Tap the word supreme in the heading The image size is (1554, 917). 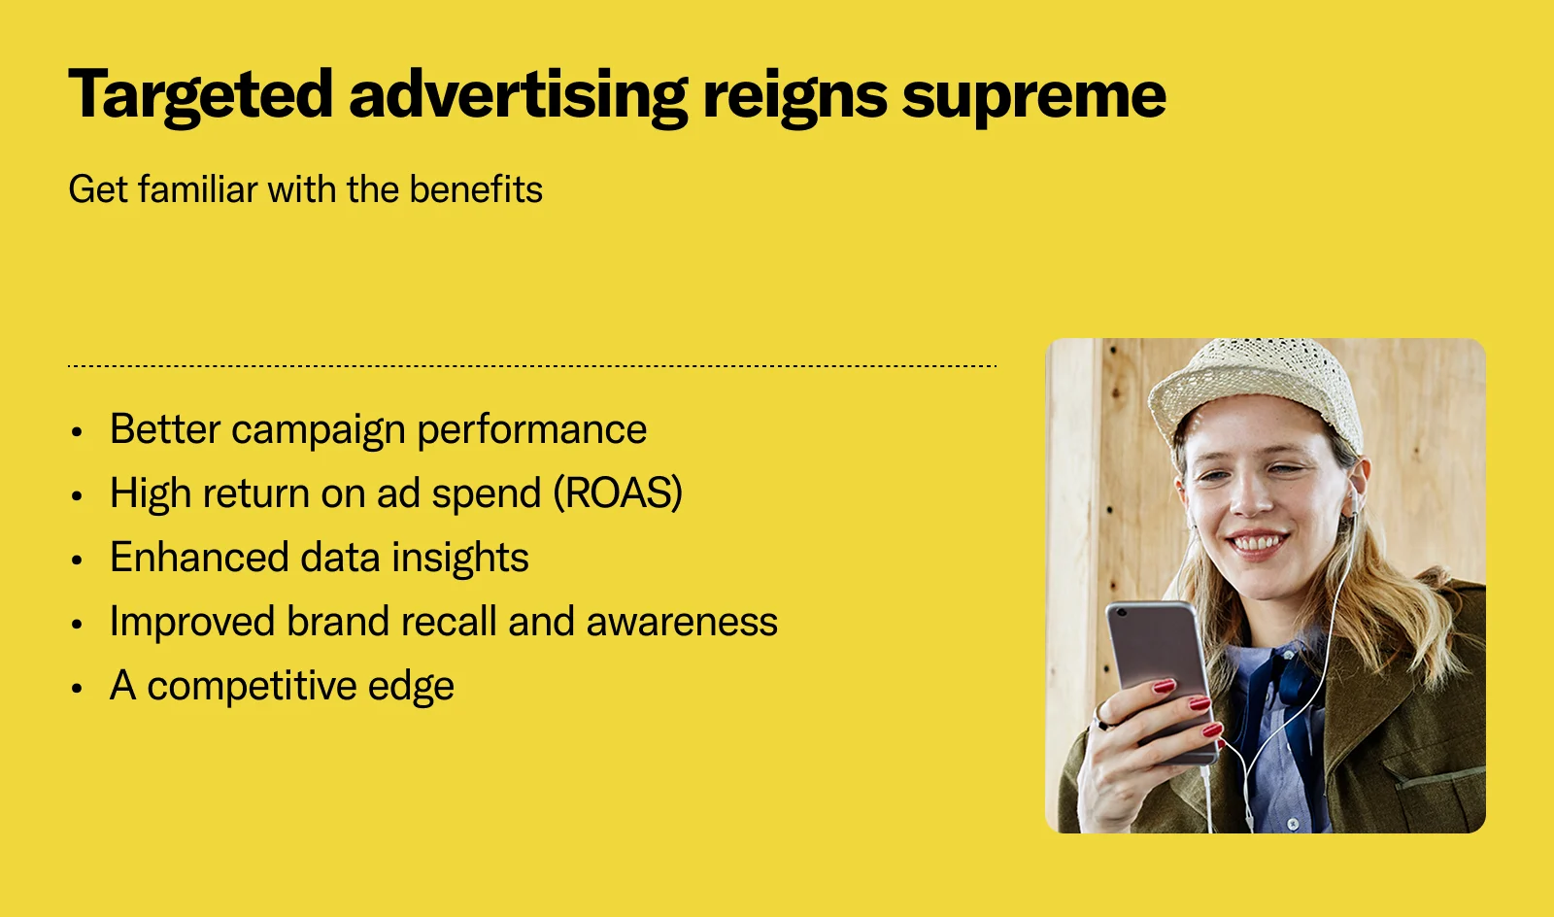(1033, 96)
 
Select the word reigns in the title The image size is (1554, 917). (794, 96)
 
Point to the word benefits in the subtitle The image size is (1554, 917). (475, 189)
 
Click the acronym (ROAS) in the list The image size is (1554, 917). (618, 493)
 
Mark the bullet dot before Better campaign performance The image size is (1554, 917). (78, 432)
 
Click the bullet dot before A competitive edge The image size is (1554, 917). (78, 689)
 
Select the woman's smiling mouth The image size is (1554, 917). (1259, 541)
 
